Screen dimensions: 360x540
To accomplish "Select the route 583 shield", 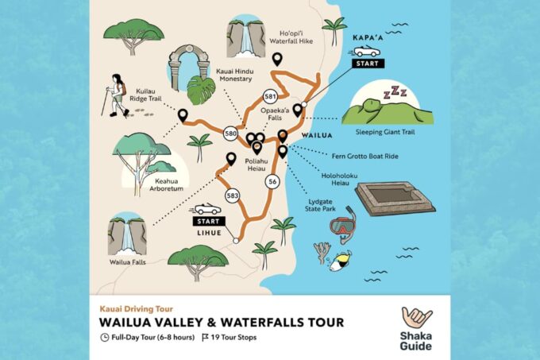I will [x=233, y=195].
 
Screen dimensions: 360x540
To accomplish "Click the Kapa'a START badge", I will [x=367, y=62].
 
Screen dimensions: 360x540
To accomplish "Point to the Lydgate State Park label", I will [x=325, y=207].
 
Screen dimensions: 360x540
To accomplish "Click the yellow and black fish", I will [x=342, y=259].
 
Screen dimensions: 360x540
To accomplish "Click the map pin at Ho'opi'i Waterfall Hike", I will [x=277, y=59].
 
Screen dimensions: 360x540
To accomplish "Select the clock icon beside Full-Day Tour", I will [x=105, y=337].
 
